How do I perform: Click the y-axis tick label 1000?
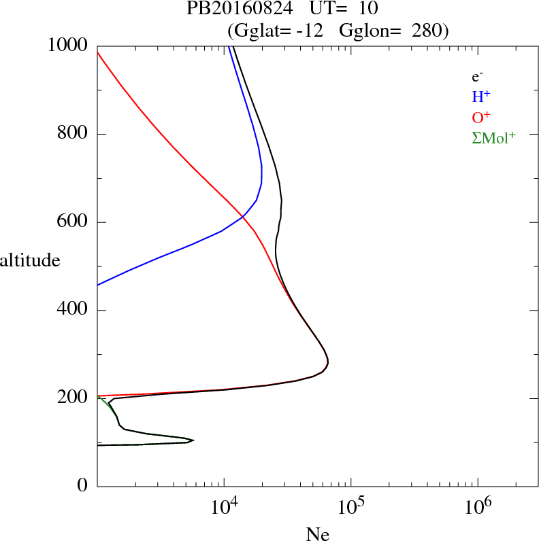point(68,46)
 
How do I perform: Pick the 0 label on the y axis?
point(83,487)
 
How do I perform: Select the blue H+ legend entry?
point(481,97)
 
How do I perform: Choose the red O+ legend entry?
point(481,117)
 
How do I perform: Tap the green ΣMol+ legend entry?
point(493,137)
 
